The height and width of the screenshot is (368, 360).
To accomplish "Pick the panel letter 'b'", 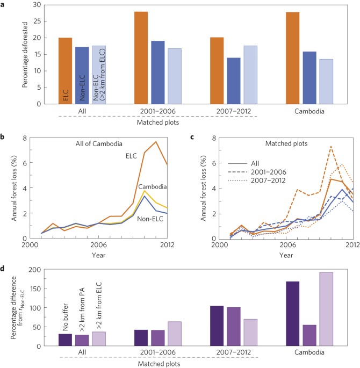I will click(4, 139).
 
